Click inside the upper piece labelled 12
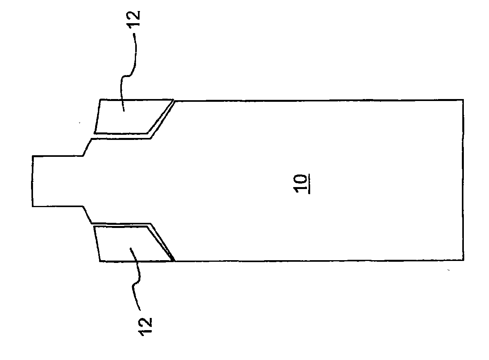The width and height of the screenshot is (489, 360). pyautogui.click(x=122, y=116)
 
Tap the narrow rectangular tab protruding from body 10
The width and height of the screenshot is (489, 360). pyautogui.click(x=57, y=181)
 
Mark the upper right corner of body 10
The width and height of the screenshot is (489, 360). pyautogui.click(x=463, y=100)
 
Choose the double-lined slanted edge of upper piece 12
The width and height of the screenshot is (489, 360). pyautogui.click(x=161, y=118)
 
